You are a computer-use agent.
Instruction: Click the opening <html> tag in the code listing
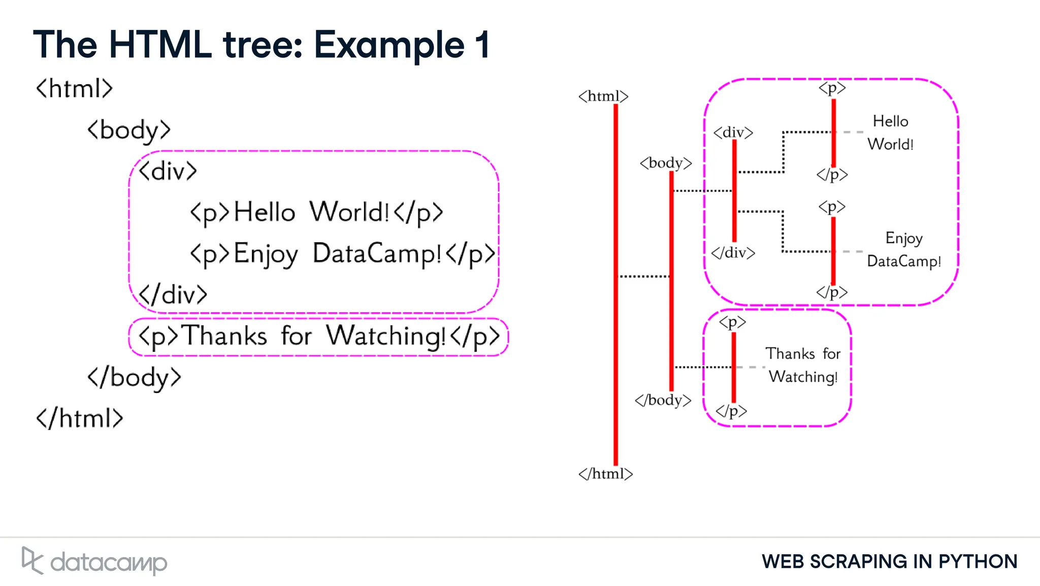point(74,88)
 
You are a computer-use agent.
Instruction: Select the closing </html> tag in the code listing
point(79,418)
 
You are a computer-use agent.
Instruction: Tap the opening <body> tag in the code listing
point(128,130)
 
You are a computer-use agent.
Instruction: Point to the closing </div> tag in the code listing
point(173,295)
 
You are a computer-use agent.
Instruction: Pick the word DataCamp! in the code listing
point(377,253)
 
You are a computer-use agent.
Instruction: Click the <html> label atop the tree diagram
point(603,96)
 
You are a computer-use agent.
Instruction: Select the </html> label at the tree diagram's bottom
point(605,473)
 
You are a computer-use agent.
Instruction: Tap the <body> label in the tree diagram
point(666,163)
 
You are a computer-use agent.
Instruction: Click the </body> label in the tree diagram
point(663,400)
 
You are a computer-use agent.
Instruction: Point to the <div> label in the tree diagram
point(733,133)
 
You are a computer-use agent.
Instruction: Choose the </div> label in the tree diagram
point(733,252)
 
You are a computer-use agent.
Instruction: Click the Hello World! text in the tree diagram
point(891,133)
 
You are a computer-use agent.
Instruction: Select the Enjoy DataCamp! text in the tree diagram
point(903,249)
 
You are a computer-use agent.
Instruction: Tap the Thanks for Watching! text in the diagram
point(803,365)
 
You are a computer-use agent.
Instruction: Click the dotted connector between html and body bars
point(644,276)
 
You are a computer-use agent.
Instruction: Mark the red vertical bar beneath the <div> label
point(734,190)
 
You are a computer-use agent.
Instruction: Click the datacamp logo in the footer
point(95,561)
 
